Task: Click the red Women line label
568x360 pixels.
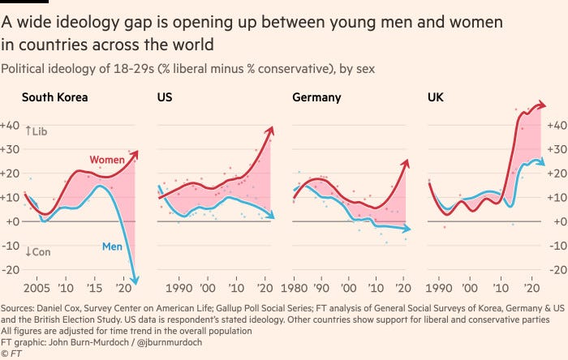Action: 107,160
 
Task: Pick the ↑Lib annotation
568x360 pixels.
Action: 37,131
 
